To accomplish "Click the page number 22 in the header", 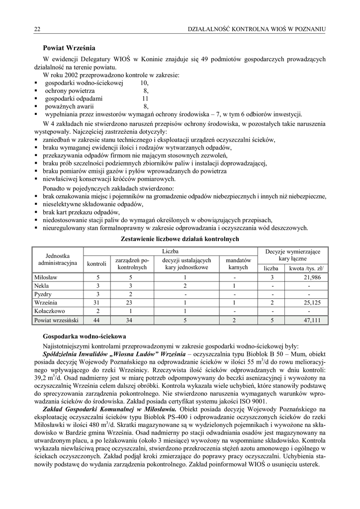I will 37,30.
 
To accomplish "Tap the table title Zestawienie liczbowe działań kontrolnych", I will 180,239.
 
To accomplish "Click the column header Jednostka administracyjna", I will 58,259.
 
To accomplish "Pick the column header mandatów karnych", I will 238,263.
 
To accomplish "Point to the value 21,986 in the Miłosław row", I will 313,277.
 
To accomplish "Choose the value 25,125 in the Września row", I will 313,302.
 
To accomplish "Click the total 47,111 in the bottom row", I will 313,320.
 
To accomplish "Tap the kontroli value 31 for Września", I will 98,302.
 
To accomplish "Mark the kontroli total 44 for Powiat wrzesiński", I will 98,320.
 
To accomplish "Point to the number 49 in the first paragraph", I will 204,60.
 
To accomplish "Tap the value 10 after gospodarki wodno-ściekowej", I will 144,83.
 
